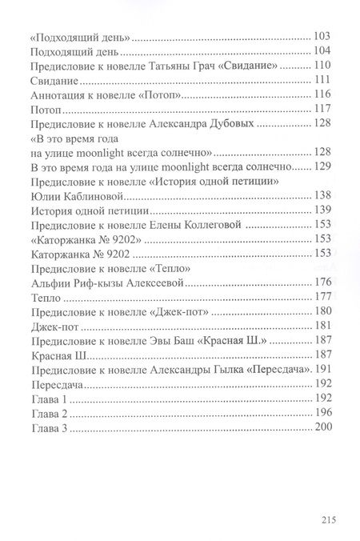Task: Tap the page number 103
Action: point(324,37)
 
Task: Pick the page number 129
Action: point(324,167)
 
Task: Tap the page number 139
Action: point(324,210)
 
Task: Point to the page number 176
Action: point(324,283)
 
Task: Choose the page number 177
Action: point(324,297)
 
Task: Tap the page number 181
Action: point(324,326)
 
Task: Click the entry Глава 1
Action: point(46,398)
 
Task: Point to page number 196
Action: point(324,412)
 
